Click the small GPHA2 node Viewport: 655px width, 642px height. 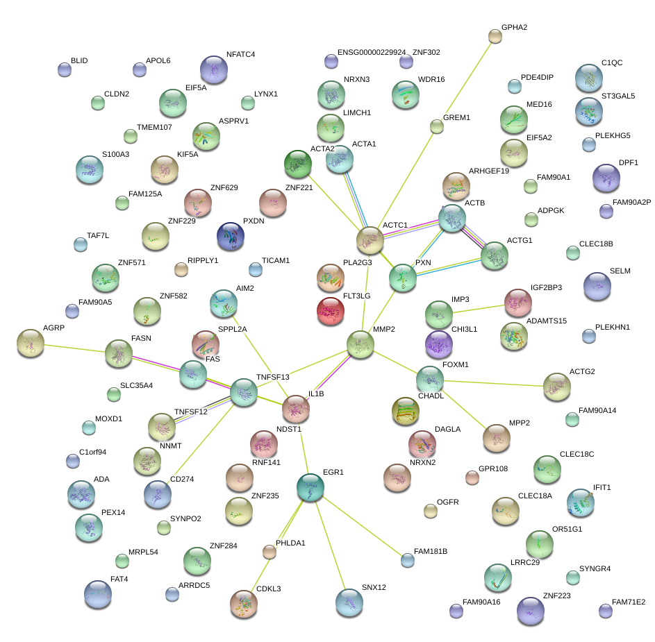click(495, 37)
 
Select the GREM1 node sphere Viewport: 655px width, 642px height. click(436, 126)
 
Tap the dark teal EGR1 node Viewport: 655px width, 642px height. click(310, 487)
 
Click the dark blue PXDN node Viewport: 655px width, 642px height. click(231, 236)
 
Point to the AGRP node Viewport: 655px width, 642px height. click(30, 342)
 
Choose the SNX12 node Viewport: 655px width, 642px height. click(349, 602)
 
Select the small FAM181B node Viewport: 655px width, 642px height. click(407, 559)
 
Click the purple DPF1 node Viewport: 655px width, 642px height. click(606, 178)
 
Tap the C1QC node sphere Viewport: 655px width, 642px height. click(588, 78)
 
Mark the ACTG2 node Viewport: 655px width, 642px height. click(556, 386)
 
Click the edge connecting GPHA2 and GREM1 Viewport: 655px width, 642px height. click(465, 81)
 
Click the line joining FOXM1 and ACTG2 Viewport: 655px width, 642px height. click(493, 382)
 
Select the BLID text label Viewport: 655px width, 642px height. click(79, 61)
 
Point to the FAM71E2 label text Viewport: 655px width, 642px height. click(629, 602)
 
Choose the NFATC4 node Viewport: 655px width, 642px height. click(214, 69)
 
